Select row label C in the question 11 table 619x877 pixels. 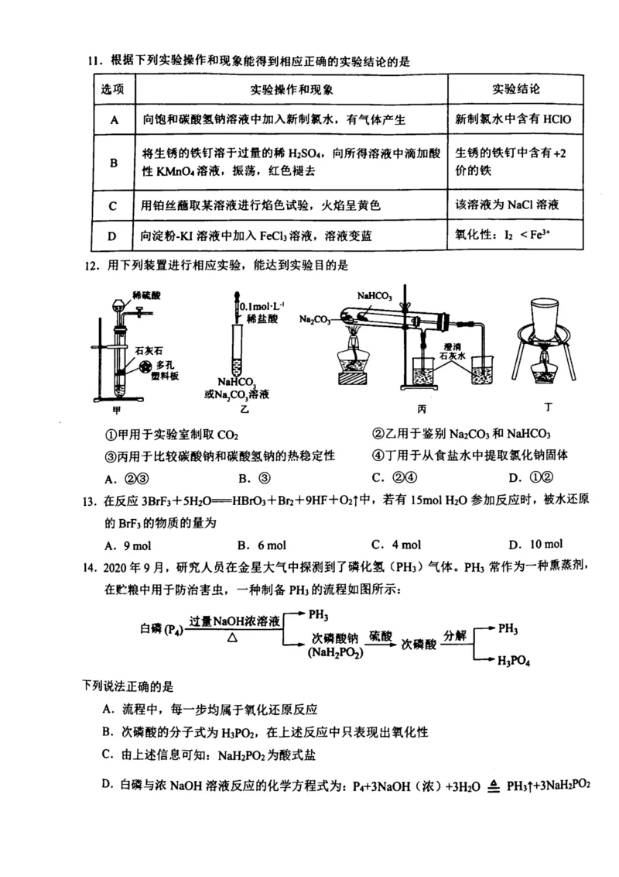point(113,206)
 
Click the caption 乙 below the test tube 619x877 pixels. point(245,409)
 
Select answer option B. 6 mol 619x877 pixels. point(265,543)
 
